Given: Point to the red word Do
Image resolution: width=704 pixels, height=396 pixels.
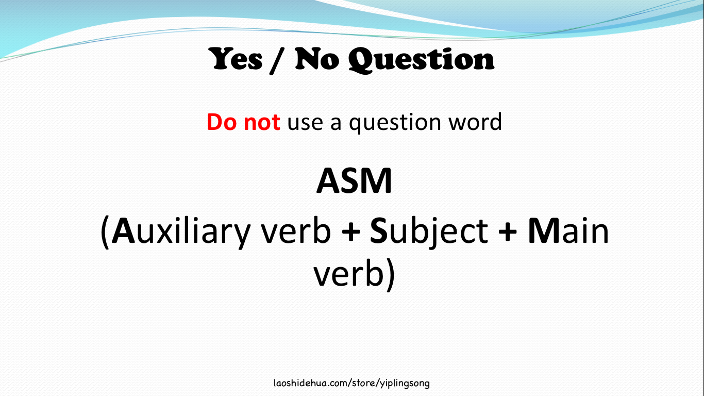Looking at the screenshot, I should click(222, 122).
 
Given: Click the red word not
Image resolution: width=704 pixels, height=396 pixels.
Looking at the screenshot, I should click(262, 122).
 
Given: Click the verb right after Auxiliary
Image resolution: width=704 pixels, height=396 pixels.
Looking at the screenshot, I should click(296, 232).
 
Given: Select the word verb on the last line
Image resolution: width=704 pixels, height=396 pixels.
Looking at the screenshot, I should click(346, 274).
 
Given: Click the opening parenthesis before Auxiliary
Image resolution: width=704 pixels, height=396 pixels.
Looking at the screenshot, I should click(105, 233).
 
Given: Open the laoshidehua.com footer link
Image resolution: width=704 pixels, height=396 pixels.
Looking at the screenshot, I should click(351, 383).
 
